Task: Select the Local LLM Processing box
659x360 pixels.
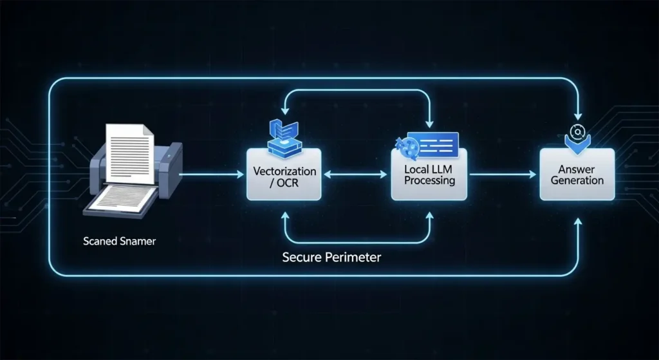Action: click(430, 175)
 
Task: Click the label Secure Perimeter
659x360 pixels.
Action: click(331, 257)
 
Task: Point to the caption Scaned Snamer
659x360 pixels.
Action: click(120, 242)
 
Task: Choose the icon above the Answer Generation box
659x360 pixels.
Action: click(577, 136)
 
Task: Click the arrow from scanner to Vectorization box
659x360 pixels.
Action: click(212, 174)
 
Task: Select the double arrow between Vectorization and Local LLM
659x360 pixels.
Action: click(357, 174)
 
